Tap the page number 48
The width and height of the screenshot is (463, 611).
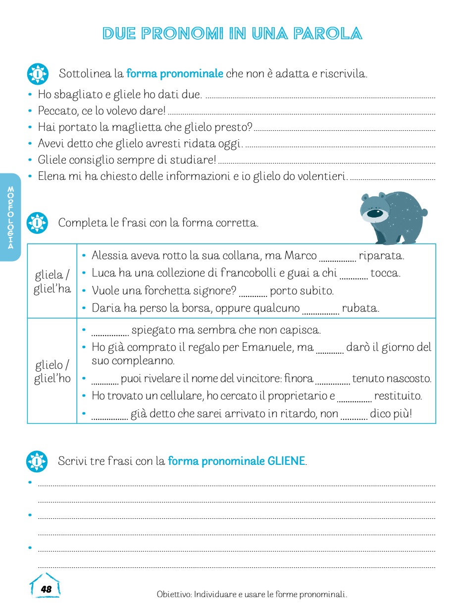coord(46,589)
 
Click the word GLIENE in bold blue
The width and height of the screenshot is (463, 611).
coord(286,461)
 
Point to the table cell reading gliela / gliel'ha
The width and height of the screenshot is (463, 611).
coord(52,281)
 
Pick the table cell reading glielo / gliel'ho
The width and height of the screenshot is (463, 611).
coord(52,372)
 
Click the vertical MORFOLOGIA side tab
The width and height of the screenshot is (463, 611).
coord(10,217)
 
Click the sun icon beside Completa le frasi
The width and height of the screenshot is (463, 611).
coord(37,223)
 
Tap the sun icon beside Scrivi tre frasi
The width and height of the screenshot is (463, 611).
coord(37,461)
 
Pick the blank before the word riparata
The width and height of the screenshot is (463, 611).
coord(338,258)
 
